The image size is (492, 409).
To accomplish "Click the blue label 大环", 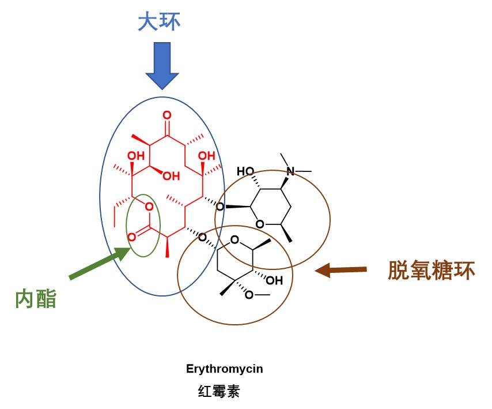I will coord(159,22).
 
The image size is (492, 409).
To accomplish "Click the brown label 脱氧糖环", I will coord(431,270).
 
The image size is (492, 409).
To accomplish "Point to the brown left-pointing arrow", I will coord(340,269).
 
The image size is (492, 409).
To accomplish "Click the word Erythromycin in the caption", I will coord(224,369).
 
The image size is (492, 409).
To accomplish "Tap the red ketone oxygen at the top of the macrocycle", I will coord(167,115).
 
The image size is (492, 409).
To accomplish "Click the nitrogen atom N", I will coord(290,171).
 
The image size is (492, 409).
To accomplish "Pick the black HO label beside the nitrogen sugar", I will coord(245,171).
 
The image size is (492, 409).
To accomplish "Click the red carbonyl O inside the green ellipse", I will coord(132,237).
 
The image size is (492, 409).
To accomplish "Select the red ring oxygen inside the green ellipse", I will coord(149,207).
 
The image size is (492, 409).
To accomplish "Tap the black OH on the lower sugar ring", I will coord(274,282).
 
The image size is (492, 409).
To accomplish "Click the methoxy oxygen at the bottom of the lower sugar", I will coord(249,295).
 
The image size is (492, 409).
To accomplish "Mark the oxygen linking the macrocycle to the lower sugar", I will coord(201,237).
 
